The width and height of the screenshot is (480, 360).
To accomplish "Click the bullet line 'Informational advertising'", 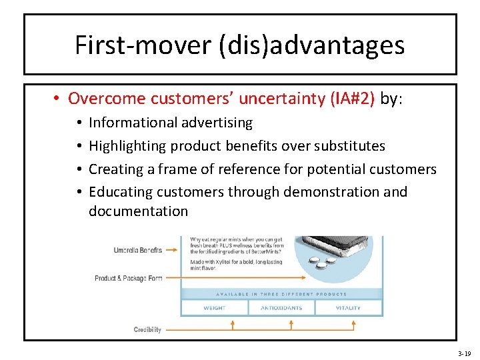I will tap(171, 123).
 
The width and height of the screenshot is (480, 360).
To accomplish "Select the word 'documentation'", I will tap(139, 211).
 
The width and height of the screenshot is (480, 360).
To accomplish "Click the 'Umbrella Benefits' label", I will tap(138, 251).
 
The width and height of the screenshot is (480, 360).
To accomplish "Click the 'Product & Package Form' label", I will tap(129, 278).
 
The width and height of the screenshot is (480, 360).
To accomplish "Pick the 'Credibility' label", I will tap(147, 329).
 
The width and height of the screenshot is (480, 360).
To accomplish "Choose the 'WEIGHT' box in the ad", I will tap(214, 308).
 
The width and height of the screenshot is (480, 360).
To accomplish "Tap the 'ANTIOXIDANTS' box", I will tap(281, 308).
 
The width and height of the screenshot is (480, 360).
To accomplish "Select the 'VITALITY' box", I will tap(348, 308).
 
